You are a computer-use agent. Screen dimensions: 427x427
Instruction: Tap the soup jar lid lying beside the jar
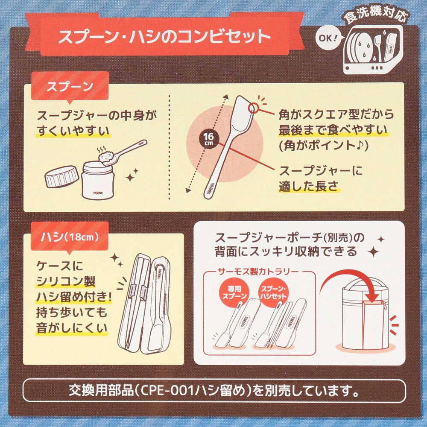coord(62,176)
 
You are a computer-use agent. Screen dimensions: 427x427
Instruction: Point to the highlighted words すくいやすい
coord(73,130)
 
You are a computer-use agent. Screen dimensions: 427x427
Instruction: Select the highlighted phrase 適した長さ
coord(308,186)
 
